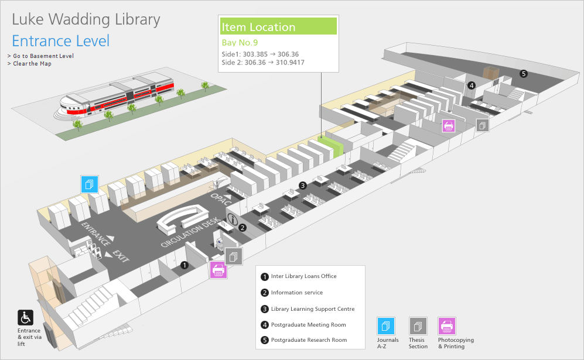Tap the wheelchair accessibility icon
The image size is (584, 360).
point(26,318)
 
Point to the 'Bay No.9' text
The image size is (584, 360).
point(240,43)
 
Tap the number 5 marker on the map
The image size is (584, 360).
point(524,74)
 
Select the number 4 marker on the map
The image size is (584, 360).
point(471,85)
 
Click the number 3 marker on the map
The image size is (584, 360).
point(302,186)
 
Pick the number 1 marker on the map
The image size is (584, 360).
point(185,265)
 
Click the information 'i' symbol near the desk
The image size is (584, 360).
point(233,220)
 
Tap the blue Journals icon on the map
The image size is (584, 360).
point(90,184)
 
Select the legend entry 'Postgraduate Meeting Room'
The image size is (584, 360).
point(308,325)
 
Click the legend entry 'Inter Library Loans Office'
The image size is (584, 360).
point(303,276)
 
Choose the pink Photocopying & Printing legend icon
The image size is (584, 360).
point(447,326)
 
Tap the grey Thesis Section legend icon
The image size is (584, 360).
point(418,326)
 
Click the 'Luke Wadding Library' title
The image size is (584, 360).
point(86,19)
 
